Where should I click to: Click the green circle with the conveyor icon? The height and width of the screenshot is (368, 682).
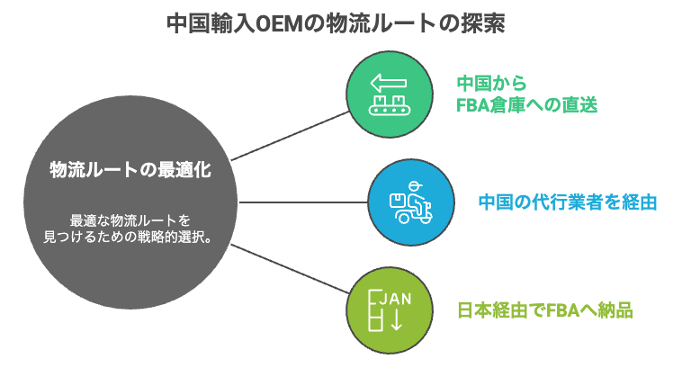point(385,93)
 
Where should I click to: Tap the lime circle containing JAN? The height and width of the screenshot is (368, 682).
point(385,310)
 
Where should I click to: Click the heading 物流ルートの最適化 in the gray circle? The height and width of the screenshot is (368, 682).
point(130,168)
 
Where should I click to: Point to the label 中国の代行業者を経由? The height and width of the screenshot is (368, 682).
point(567,202)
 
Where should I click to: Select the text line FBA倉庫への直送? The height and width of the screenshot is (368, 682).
point(526,105)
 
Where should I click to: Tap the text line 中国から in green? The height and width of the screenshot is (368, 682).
point(490,82)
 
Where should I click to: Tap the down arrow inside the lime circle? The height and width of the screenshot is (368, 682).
point(395,320)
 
